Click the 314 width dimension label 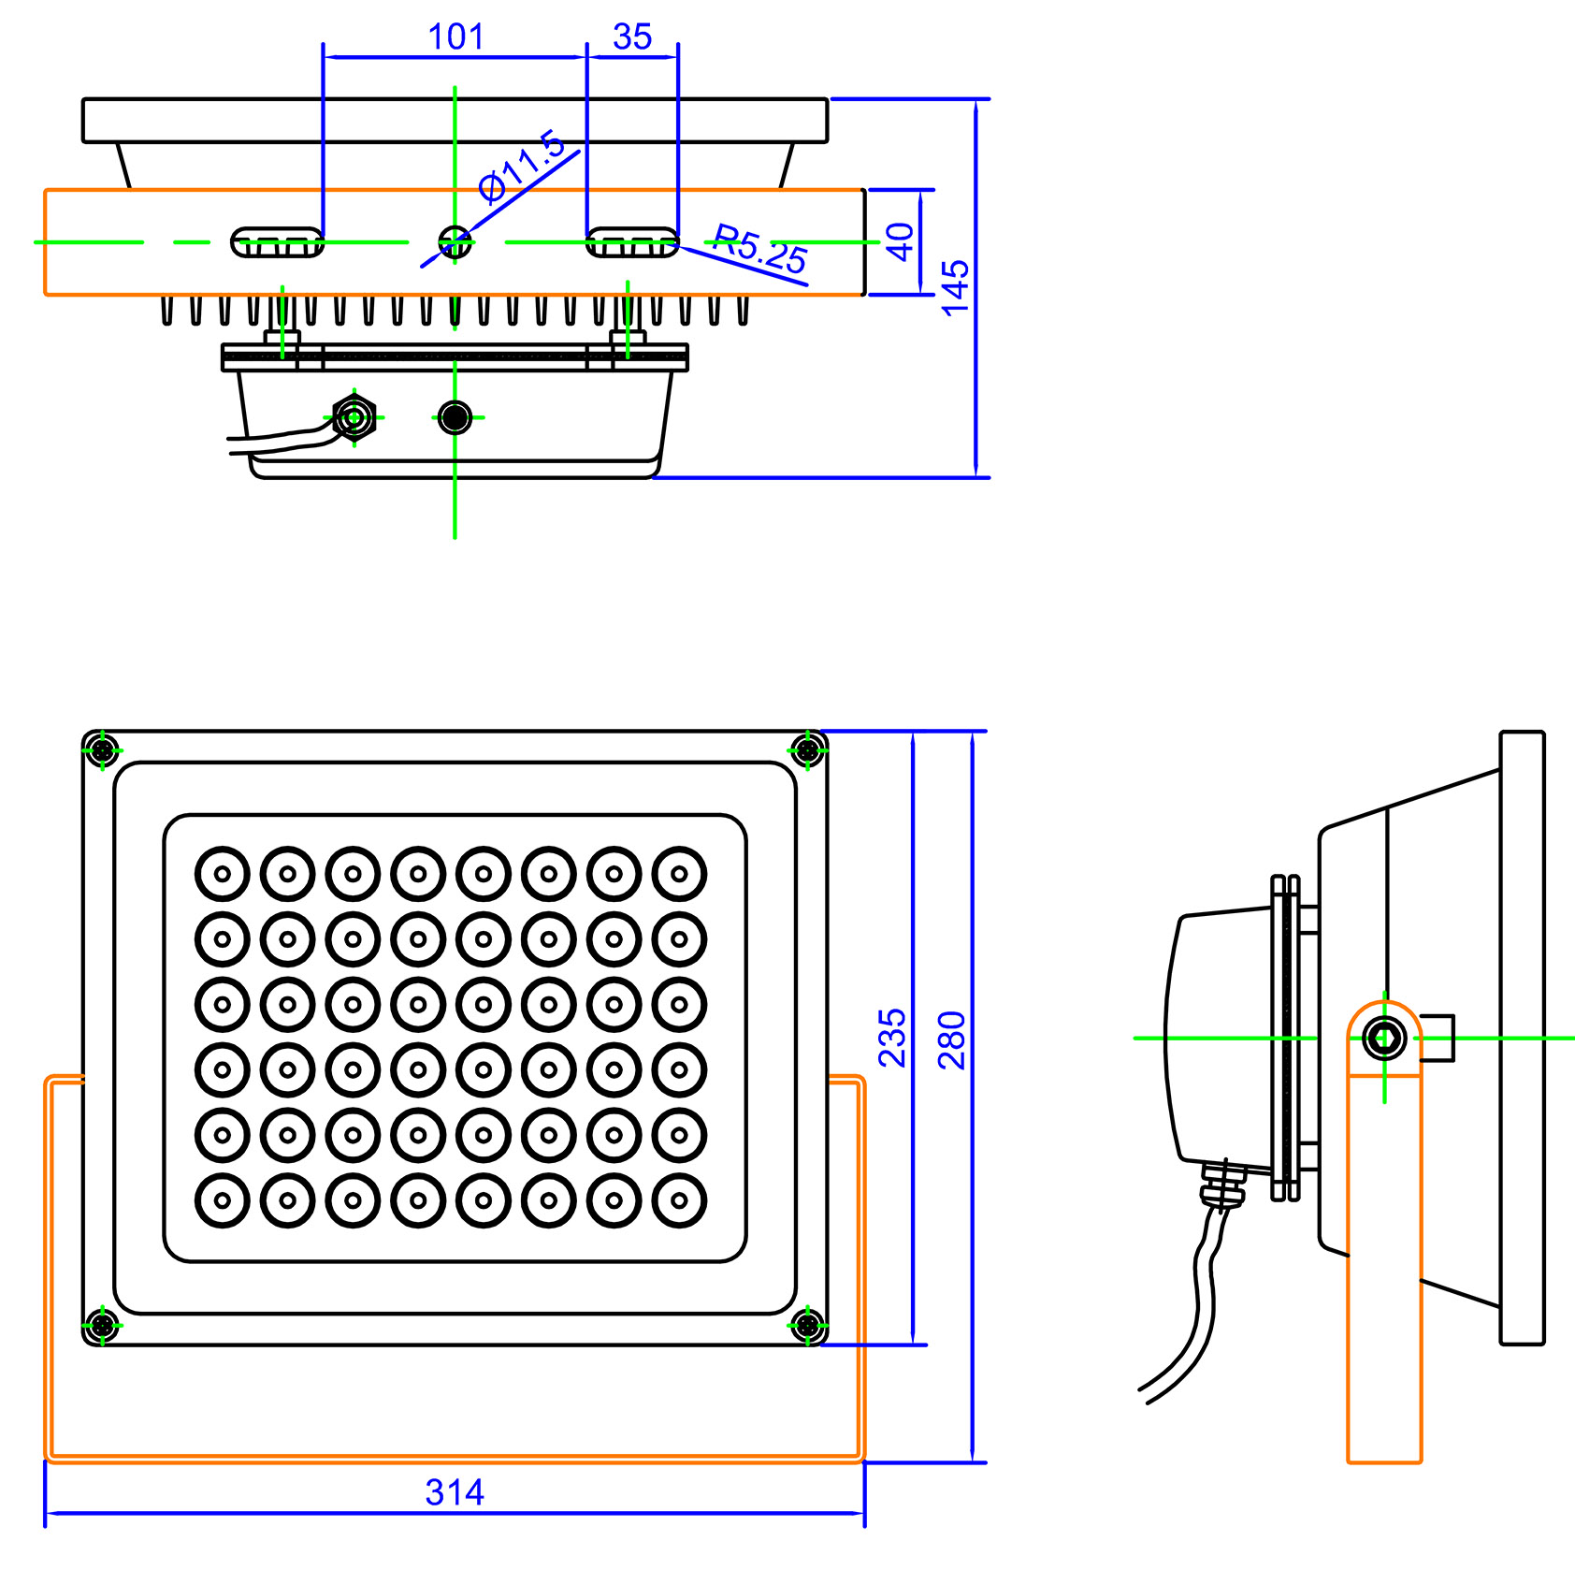point(455,1491)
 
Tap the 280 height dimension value point(951,1039)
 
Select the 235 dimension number point(891,1038)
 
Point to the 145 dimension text point(955,287)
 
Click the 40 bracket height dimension point(899,241)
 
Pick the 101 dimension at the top point(455,37)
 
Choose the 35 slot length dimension point(632,37)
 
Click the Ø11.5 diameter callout point(521,166)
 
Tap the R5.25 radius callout point(760,249)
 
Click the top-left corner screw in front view point(102,749)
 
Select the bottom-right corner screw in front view point(807,1325)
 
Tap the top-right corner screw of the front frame point(807,749)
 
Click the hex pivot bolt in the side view point(1384,1038)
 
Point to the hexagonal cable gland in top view point(354,417)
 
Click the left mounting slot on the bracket point(277,242)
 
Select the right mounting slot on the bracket point(632,242)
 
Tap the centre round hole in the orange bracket point(455,241)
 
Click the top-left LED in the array point(223,874)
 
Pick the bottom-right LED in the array point(679,1199)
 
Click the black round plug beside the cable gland point(455,417)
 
